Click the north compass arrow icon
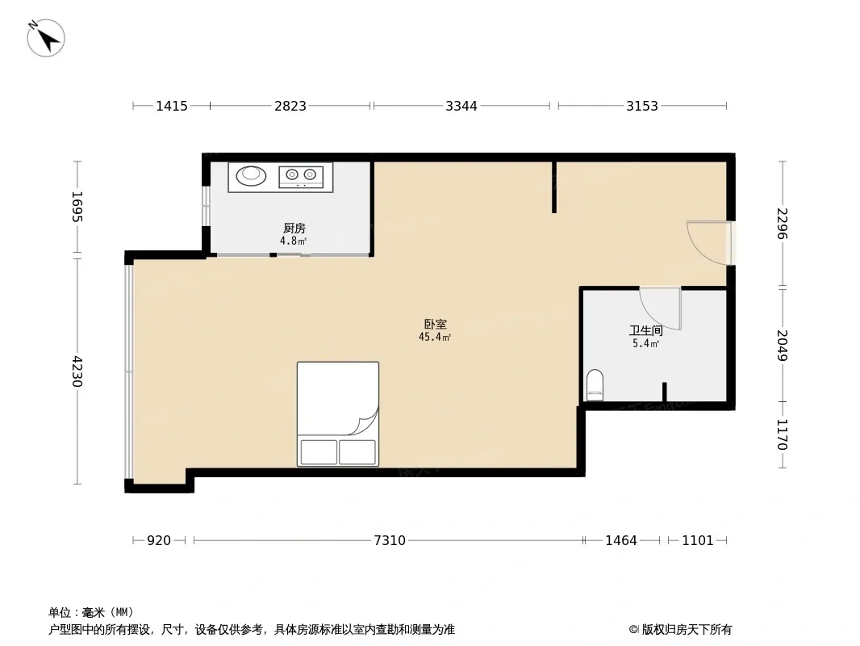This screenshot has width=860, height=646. pyautogui.click(x=46, y=38)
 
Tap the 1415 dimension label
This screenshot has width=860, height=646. pyautogui.click(x=172, y=106)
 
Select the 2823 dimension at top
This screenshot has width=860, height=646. pyautogui.click(x=290, y=106)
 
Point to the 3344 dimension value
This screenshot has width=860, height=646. pyautogui.click(x=461, y=106)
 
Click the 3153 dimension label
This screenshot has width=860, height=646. pyautogui.click(x=641, y=106)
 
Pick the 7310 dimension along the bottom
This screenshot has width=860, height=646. pyautogui.click(x=390, y=540)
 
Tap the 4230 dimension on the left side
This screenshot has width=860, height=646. pyautogui.click(x=77, y=371)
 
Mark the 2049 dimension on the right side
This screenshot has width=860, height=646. pyautogui.click(x=783, y=346)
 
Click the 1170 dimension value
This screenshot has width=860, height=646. pyautogui.click(x=783, y=434)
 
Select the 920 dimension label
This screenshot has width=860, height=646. pyautogui.click(x=159, y=540)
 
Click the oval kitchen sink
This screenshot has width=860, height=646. pyautogui.click(x=251, y=175)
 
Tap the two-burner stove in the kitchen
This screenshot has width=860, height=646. pyautogui.click(x=301, y=176)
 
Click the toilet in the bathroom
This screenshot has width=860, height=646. pyautogui.click(x=595, y=384)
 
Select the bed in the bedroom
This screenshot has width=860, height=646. pyautogui.click(x=338, y=413)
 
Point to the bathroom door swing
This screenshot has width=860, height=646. pyautogui.click(x=661, y=308)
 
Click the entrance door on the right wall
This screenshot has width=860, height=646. pyautogui.click(x=710, y=243)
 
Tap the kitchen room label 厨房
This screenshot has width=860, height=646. pyautogui.click(x=294, y=228)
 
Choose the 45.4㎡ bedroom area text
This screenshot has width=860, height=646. pyautogui.click(x=435, y=337)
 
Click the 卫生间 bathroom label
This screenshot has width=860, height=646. pyautogui.click(x=645, y=330)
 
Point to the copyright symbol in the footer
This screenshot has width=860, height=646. pyautogui.click(x=633, y=630)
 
